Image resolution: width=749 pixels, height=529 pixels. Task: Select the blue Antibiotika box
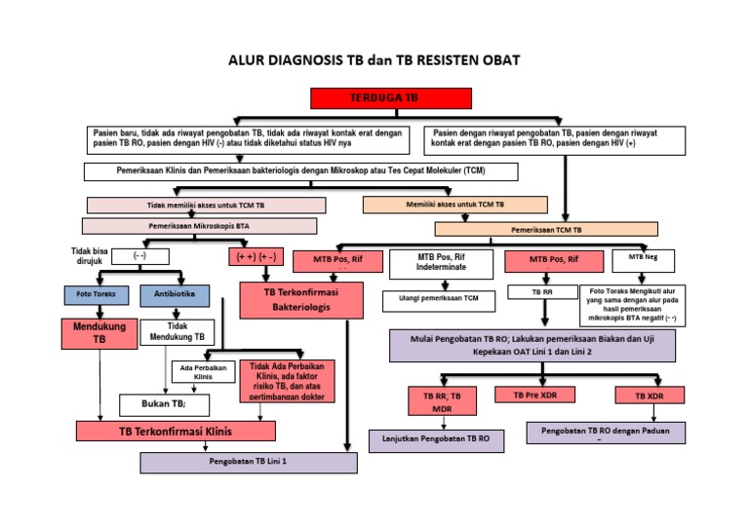[x=174, y=293]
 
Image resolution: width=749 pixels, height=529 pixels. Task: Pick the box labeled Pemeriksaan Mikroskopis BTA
[x=199, y=226]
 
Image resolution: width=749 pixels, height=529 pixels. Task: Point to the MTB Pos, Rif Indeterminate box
[x=441, y=262]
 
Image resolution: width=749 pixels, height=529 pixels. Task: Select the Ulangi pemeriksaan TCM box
[x=444, y=298]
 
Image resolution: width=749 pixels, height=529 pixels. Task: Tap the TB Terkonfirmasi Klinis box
[x=168, y=431]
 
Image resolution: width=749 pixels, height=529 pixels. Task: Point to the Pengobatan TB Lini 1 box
[x=248, y=461]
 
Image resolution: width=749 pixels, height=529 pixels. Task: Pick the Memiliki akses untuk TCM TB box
[x=454, y=205]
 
